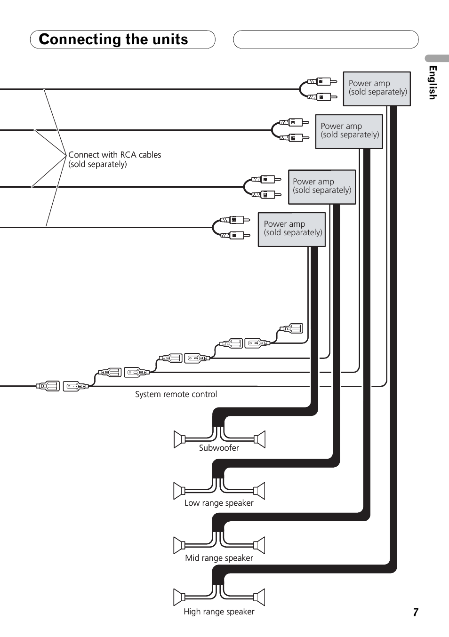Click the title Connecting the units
[113, 40]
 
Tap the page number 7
[416, 612]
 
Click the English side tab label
[433, 82]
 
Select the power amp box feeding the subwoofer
[292, 229]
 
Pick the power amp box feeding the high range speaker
[377, 88]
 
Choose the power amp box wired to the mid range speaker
[349, 131]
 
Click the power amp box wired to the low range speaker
[321, 187]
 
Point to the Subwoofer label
[219, 448]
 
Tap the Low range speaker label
[219, 503]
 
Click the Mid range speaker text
[219, 558]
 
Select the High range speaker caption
[219, 612]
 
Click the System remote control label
[176, 394]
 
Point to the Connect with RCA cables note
[114, 159]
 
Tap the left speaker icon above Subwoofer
[179, 439]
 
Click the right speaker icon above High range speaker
[259, 597]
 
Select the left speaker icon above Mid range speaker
[179, 545]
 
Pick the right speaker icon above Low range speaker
[259, 491]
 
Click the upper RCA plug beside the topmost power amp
[322, 81]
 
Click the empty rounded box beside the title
[326, 40]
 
